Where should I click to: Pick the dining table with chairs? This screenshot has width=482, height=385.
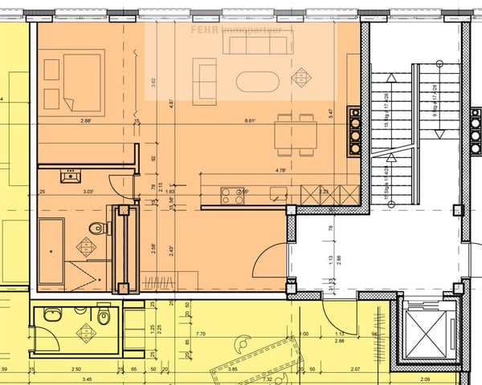pyautogui.click(x=295, y=134)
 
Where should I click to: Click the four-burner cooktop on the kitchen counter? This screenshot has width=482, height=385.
pyautogui.click(x=233, y=196)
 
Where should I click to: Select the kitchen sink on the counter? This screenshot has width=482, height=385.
pyautogui.click(x=279, y=194)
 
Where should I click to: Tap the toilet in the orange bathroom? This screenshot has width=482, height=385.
pyautogui.click(x=97, y=229)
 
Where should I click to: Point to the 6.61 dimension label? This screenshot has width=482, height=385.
pyautogui.click(x=250, y=121)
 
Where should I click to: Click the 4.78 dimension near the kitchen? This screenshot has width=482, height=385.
pyautogui.click(x=281, y=170)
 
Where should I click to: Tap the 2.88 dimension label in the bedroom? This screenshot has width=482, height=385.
pyautogui.click(x=86, y=121)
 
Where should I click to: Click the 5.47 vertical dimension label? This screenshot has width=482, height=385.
pyautogui.click(x=330, y=113)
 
